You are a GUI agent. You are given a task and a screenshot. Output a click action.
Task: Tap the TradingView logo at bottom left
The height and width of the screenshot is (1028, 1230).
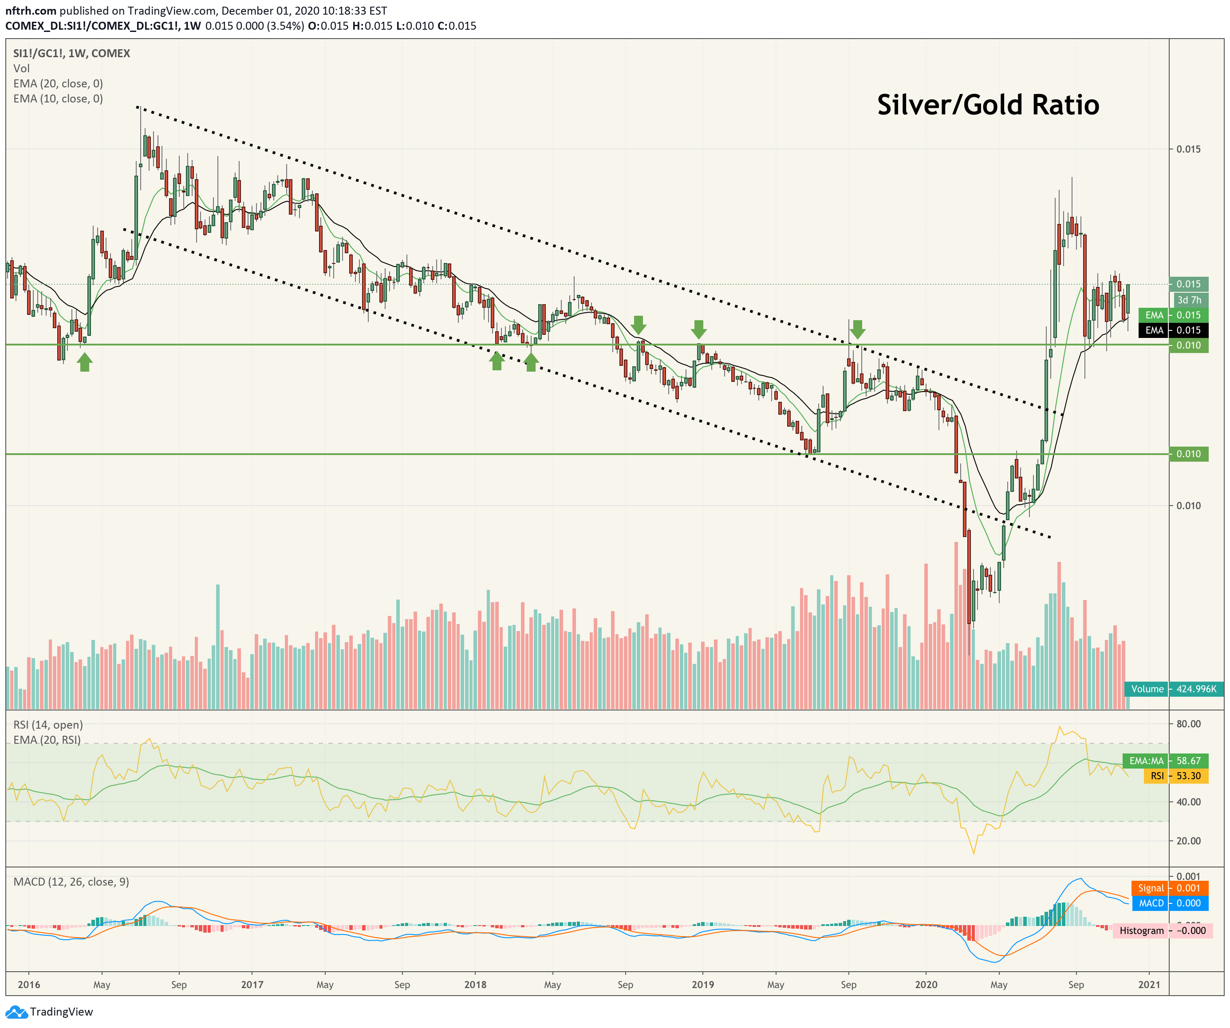tap(49, 1012)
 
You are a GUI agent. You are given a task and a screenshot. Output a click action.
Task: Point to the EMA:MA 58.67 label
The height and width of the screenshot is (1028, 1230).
tap(1166, 761)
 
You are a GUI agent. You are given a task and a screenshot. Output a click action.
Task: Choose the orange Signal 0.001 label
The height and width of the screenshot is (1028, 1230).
tap(1170, 888)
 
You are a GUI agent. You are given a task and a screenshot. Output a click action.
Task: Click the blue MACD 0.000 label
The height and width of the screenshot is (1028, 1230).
tap(1170, 903)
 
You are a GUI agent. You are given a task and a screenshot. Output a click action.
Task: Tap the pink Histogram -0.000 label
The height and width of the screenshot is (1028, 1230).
tap(1163, 931)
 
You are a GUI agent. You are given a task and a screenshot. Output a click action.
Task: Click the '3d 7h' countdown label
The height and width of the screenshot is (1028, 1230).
tap(1189, 300)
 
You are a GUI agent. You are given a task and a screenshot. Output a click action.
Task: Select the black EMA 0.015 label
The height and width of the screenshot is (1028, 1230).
tap(1173, 330)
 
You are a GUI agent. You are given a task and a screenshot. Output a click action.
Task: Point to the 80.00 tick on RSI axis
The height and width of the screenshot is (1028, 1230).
tap(1188, 724)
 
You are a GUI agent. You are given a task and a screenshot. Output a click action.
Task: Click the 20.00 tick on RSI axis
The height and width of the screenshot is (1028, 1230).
tap(1188, 841)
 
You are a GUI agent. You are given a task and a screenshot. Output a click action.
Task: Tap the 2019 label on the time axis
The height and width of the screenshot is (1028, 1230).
tap(702, 985)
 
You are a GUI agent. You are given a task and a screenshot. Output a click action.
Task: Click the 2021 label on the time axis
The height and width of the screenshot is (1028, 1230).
tap(1149, 985)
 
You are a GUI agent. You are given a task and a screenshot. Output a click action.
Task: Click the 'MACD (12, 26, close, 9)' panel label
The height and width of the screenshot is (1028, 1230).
tap(71, 882)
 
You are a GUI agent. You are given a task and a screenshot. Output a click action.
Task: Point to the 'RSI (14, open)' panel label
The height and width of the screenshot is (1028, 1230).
tap(48, 725)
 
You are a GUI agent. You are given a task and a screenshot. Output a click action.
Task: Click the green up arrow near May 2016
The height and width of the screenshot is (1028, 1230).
tap(85, 362)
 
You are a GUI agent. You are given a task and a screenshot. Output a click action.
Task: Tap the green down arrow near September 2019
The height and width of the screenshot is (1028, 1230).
tap(857, 330)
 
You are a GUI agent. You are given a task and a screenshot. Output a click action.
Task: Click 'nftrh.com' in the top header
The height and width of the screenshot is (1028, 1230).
tap(31, 11)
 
